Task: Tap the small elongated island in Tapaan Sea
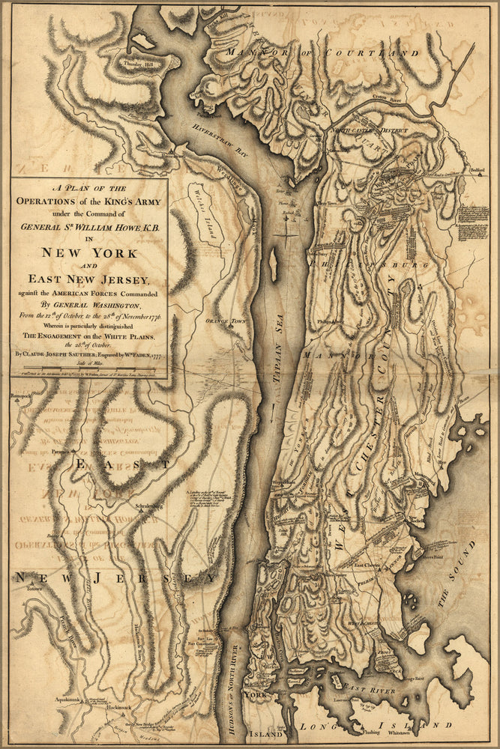pos(272,266)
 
